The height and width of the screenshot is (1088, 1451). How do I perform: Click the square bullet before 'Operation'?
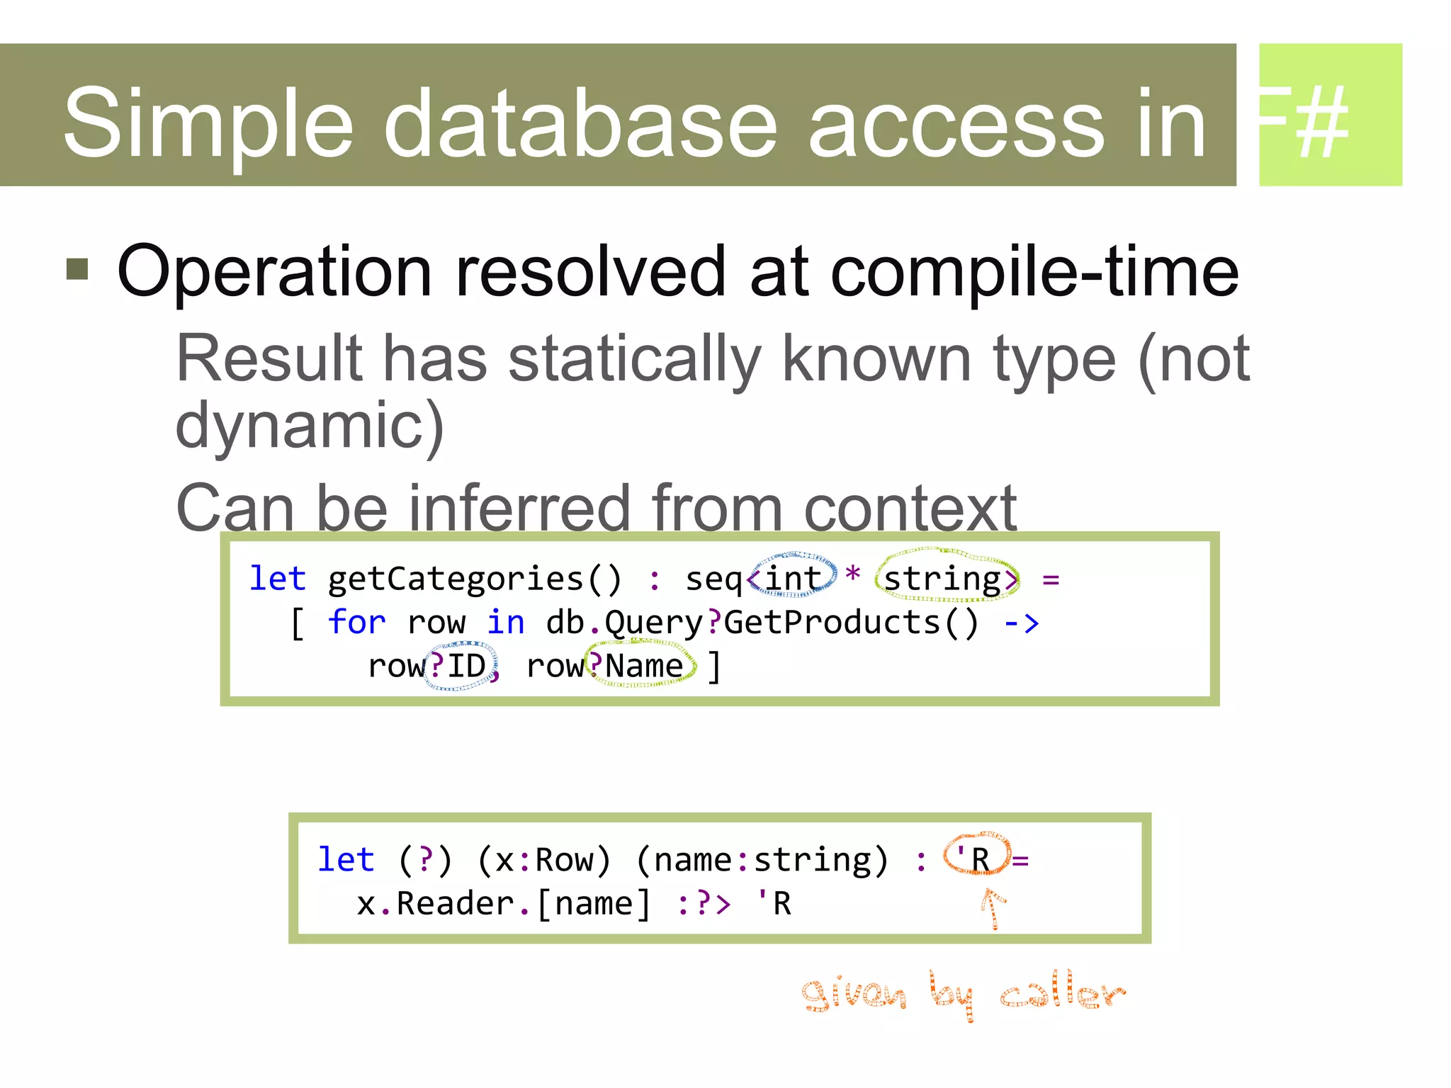(77, 269)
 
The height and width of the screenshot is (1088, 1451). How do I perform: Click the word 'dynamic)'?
(310, 426)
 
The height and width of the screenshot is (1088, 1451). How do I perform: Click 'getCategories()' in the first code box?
(475, 579)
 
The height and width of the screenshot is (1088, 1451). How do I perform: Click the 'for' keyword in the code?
(356, 623)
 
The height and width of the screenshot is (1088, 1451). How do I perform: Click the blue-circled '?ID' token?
(459, 666)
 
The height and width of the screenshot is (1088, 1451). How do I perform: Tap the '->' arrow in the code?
(1021, 623)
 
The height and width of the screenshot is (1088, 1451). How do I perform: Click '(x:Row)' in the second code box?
(543, 861)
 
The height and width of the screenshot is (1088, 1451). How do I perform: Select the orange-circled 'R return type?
(976, 859)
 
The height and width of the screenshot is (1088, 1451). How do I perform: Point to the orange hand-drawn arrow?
(993, 909)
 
